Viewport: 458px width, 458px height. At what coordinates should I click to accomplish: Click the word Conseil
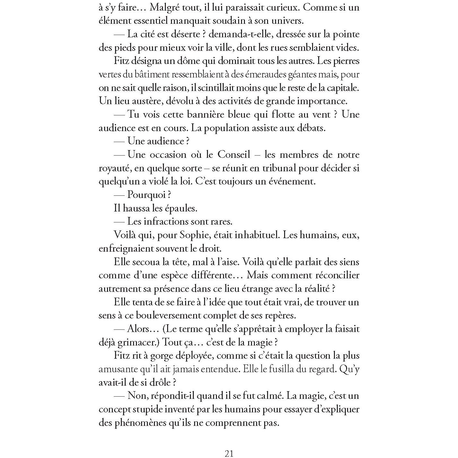pyautogui.click(x=234, y=155)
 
